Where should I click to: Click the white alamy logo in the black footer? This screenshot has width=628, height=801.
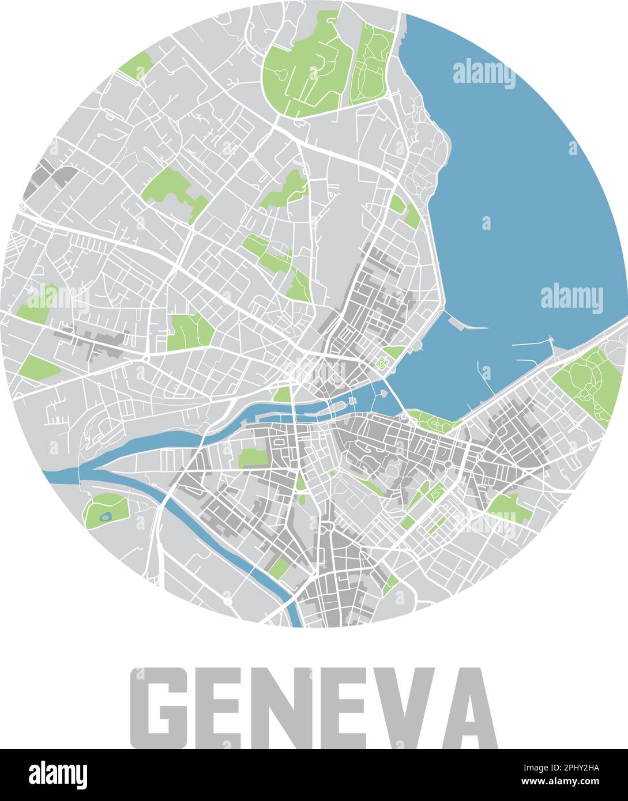58,775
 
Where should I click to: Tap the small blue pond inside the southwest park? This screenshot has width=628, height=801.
106,517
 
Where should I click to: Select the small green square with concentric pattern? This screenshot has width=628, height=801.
381,362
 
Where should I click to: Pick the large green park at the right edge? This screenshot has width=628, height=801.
588,383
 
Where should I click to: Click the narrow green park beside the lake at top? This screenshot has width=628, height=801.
372,63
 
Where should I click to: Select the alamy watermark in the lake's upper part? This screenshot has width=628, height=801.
483,74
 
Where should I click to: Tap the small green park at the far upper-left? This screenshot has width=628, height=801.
136,66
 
